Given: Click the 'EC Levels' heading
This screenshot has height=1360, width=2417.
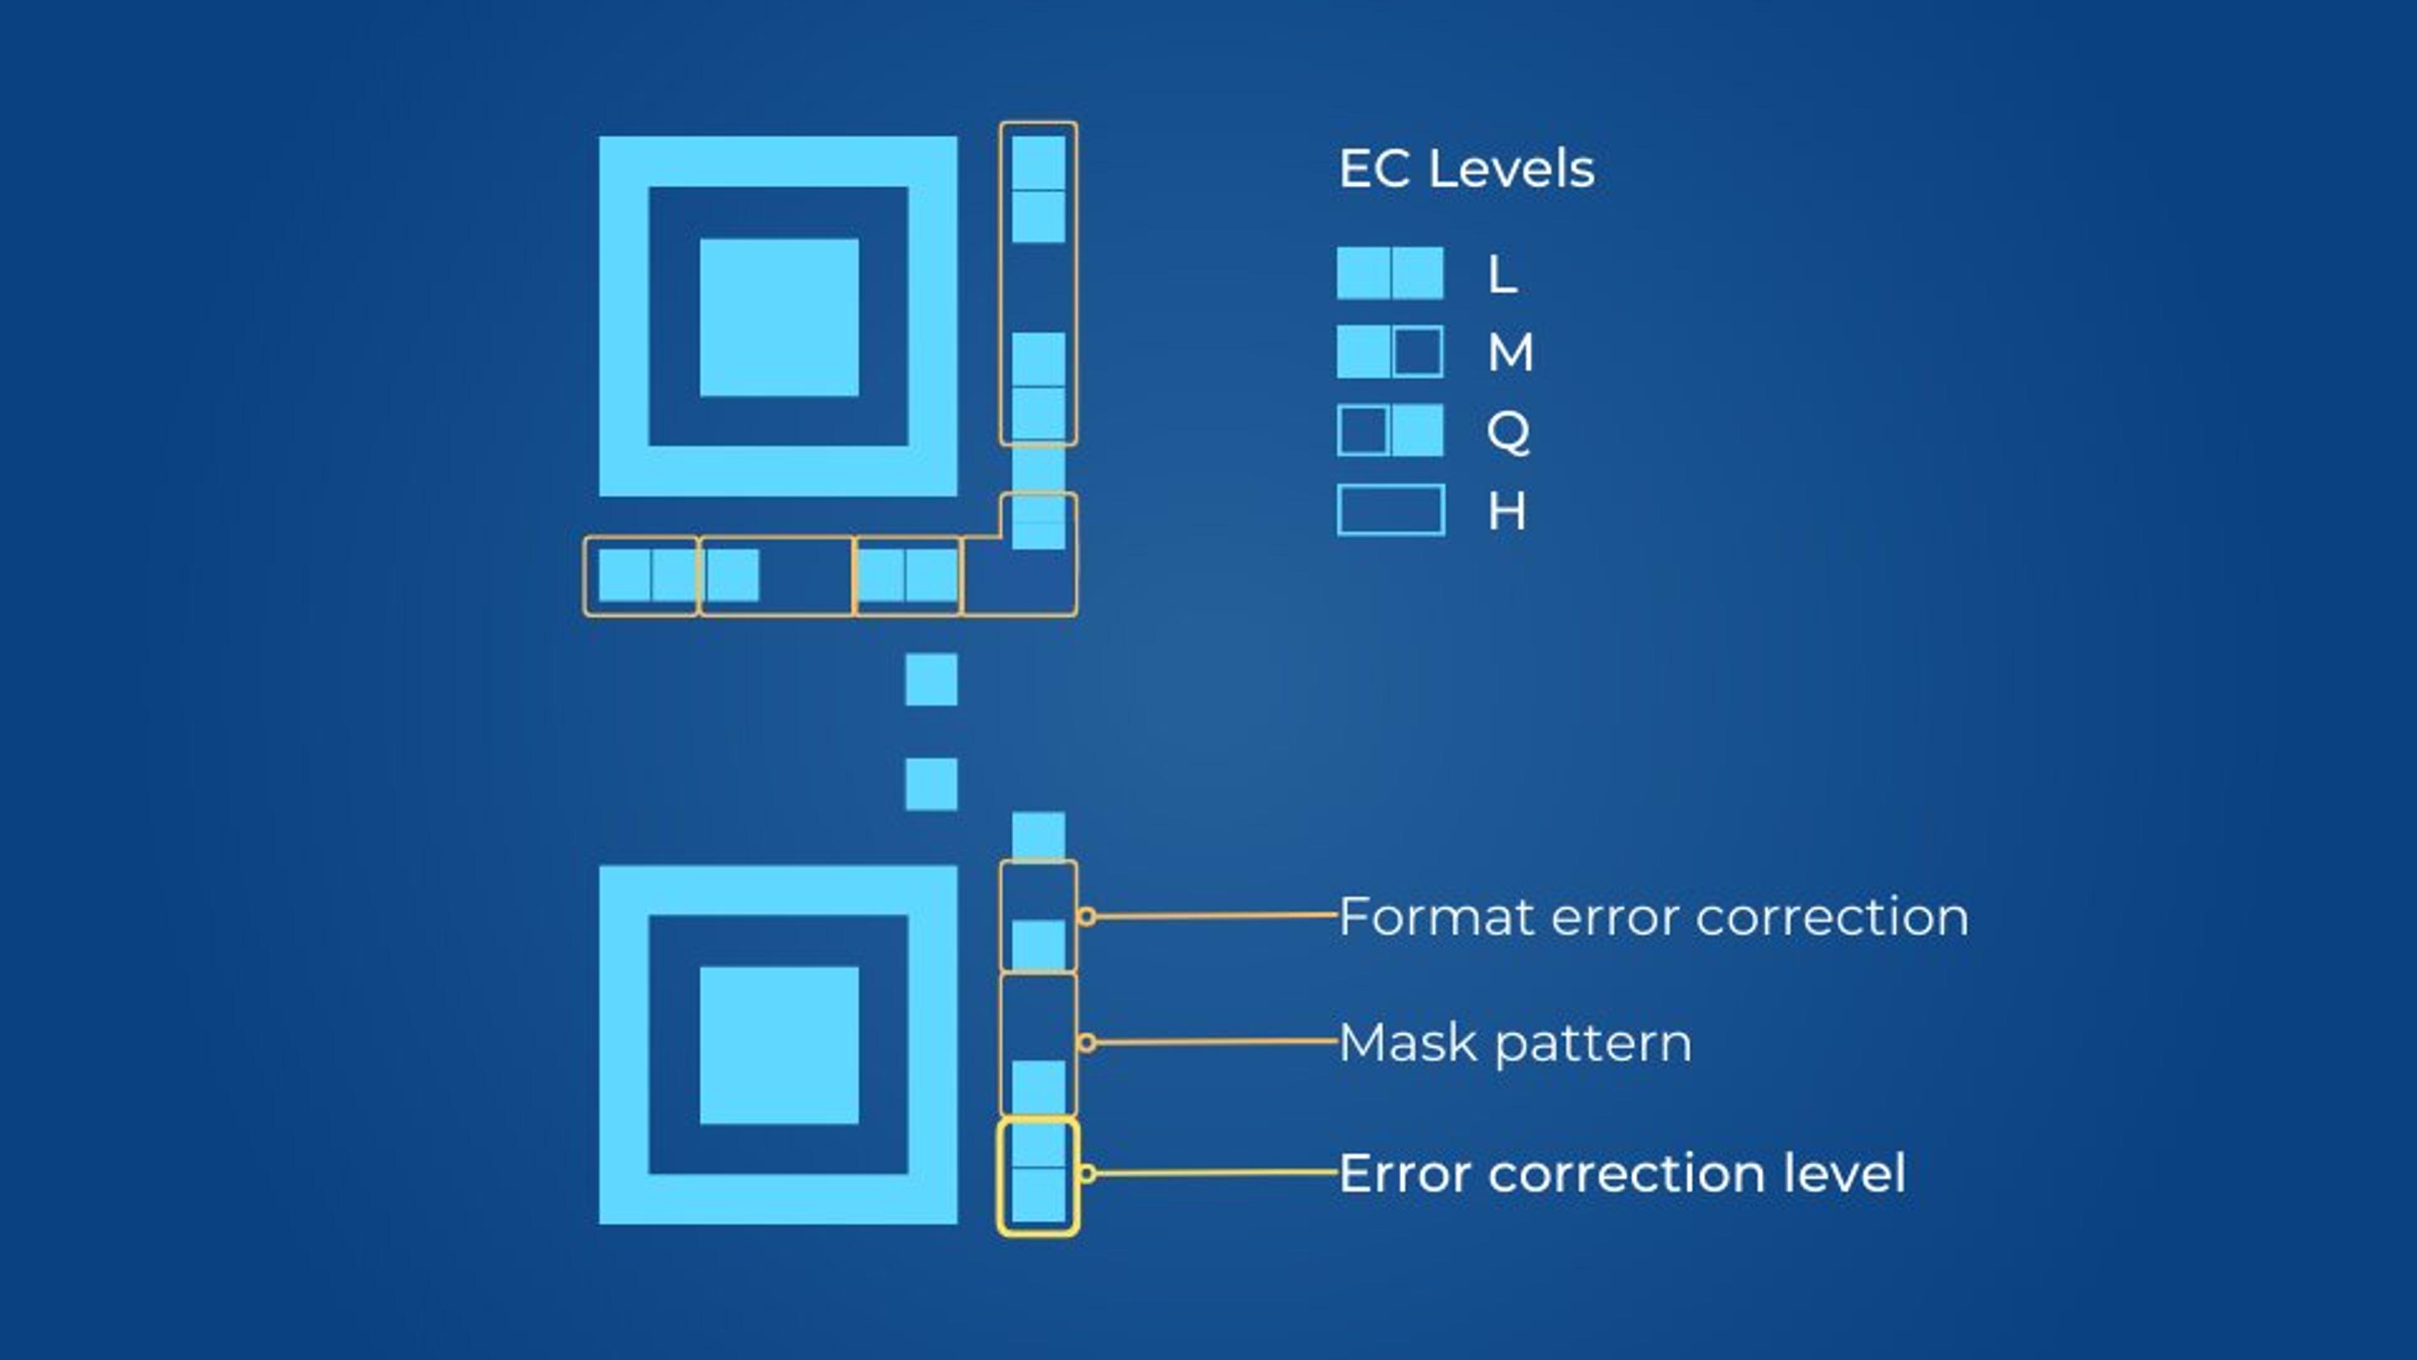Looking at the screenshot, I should (1465, 170).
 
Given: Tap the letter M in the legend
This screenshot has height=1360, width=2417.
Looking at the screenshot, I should (1511, 352).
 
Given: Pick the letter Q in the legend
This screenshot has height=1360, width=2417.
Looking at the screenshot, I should (1508, 432).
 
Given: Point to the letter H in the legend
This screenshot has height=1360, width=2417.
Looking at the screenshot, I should (1507, 511).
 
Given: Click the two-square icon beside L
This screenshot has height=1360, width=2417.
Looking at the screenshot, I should (1390, 273).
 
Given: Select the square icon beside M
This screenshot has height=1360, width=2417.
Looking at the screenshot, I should (1390, 352).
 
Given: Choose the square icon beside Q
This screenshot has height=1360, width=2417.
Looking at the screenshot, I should (1390, 431).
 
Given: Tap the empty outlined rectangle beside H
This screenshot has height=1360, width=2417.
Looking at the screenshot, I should (1390, 509).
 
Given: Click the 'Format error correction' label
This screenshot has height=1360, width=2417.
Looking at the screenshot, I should (1654, 917).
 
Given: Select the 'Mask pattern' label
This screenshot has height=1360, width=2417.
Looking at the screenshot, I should (1514, 1043).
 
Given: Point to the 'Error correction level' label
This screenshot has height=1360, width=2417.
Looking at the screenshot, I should (1621, 1173).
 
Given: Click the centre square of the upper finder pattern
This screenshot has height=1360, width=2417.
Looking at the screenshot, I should (779, 317).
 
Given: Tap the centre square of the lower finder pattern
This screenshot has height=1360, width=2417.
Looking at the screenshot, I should (779, 1045).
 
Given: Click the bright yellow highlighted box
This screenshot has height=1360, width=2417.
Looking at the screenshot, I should (1038, 1176).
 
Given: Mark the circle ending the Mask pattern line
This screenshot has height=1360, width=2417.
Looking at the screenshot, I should (1086, 1043).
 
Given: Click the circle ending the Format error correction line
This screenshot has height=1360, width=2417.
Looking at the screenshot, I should (1086, 916).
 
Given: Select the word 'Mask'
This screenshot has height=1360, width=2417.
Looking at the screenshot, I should (1409, 1043).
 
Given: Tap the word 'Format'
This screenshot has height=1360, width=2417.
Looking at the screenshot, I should (1436, 917).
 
